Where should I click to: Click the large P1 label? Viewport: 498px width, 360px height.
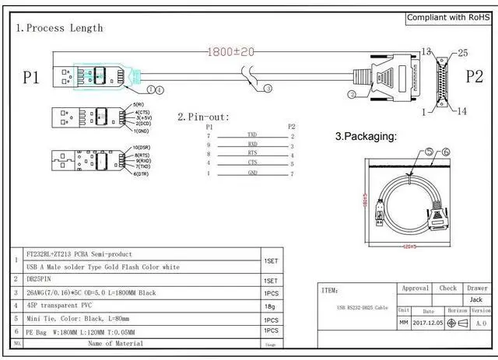(30, 77)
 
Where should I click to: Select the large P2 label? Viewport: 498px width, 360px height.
(475, 76)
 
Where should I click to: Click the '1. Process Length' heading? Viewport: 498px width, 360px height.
(59, 28)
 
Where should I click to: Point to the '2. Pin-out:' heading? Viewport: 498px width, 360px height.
(203, 117)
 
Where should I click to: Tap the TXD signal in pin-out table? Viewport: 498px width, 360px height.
(252, 135)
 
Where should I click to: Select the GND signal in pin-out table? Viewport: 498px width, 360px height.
(252, 173)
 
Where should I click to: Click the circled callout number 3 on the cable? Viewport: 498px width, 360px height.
(268, 89)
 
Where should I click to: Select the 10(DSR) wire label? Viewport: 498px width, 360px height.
(141, 147)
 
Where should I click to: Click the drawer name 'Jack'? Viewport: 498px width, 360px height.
(476, 299)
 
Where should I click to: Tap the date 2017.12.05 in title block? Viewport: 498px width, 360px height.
(428, 323)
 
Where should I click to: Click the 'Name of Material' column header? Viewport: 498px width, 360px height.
(115, 343)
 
